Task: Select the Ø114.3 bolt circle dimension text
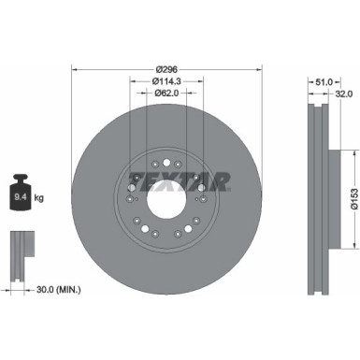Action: point(166,81)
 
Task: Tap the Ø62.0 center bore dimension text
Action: point(166,94)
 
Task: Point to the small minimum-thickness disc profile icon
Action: point(20,248)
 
